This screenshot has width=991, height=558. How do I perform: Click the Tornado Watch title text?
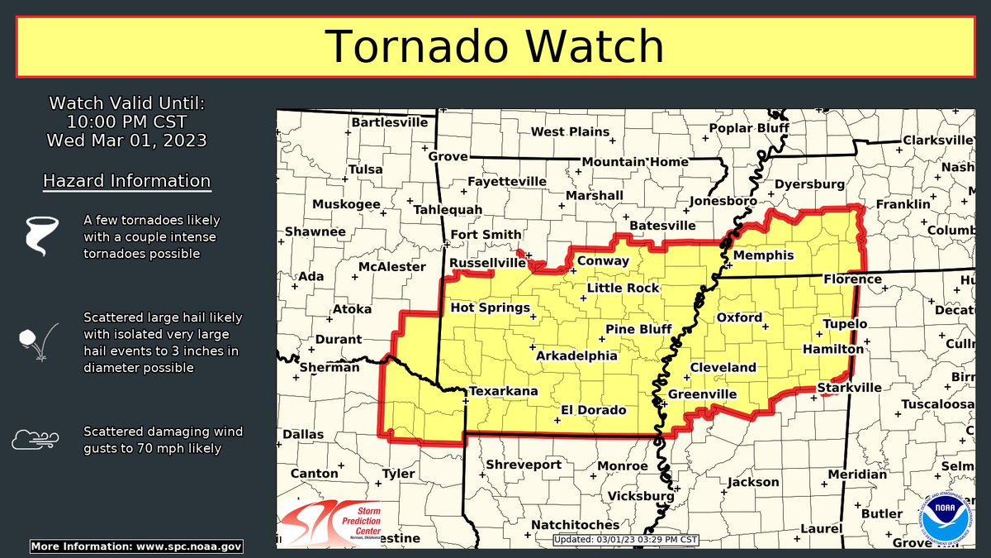coord(495,46)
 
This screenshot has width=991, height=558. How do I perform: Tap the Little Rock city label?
coord(624,288)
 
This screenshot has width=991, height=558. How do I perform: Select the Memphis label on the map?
coord(763,255)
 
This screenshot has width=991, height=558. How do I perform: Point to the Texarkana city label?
coord(504,391)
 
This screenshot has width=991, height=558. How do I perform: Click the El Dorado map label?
coord(594,410)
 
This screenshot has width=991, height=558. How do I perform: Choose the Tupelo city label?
coord(845,323)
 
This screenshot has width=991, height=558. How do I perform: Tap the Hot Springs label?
coord(490,308)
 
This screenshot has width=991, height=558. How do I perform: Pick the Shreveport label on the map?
coord(524,465)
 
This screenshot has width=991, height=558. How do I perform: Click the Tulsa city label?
coord(366,169)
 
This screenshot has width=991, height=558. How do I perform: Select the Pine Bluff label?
coord(639,329)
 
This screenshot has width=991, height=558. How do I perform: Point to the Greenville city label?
coord(702,394)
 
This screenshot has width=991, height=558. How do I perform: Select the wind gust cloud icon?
coord(35,439)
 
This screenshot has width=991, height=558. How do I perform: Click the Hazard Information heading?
coord(126,180)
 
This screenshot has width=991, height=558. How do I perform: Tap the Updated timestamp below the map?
coord(627,540)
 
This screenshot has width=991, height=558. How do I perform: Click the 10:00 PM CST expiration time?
coord(126,122)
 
